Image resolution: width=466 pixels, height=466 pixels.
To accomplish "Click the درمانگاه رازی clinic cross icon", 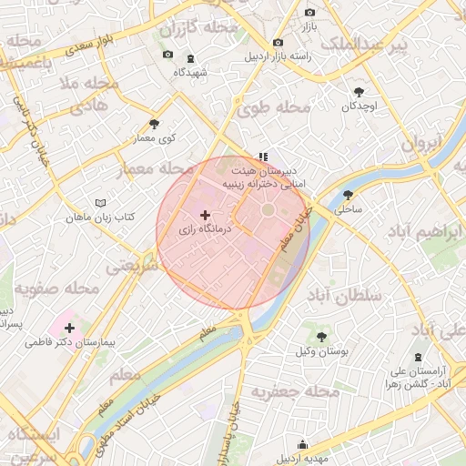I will pos(204,215).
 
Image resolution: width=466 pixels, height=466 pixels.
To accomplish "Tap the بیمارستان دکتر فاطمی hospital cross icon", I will pos(70,326).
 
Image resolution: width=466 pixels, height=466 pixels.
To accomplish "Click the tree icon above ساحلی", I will pos(348,195).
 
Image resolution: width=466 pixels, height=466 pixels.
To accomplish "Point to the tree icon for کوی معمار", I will pos(153,124).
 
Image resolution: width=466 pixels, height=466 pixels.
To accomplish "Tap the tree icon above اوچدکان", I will pos(359,92).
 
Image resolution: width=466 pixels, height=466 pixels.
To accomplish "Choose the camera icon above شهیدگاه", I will pos(167,56).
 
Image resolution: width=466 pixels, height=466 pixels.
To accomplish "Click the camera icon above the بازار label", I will pos(309,13).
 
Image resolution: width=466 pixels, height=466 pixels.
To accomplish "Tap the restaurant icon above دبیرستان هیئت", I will pos(263,156).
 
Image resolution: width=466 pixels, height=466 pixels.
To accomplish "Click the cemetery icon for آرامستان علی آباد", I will pos(418,356).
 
